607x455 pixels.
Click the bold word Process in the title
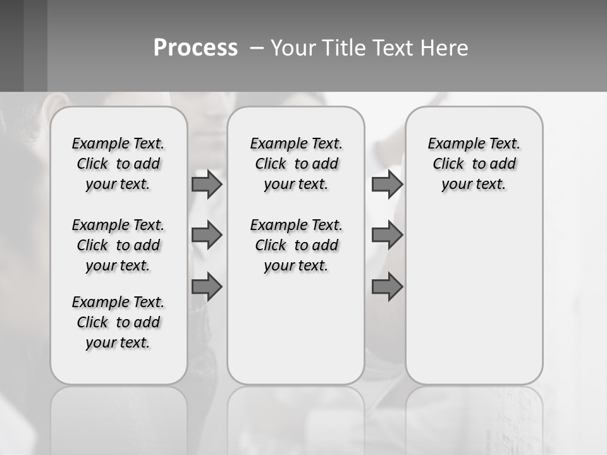coord(195,48)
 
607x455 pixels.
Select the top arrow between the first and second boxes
coord(207,185)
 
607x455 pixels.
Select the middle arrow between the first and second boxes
coord(207,235)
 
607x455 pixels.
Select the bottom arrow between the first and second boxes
coord(207,288)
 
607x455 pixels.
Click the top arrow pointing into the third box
coord(387,185)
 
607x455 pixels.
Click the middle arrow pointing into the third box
coord(387,235)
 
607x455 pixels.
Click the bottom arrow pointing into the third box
coord(387,288)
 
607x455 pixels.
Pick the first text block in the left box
coord(118,164)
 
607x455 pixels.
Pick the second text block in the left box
coord(118,245)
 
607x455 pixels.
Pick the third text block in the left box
coord(118,322)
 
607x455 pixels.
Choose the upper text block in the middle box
coord(296,164)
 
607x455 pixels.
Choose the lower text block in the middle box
coord(296,245)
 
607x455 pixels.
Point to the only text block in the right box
coord(474,164)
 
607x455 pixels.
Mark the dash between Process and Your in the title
coord(257,48)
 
